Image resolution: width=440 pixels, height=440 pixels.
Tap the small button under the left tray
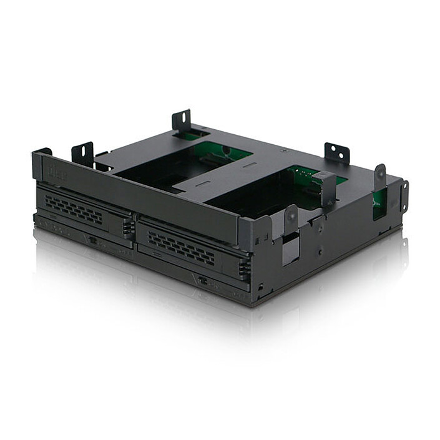tap(92, 240)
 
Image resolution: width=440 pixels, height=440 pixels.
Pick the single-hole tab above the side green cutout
tap(379, 177)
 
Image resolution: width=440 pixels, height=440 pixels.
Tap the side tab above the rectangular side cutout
tap(291, 219)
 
